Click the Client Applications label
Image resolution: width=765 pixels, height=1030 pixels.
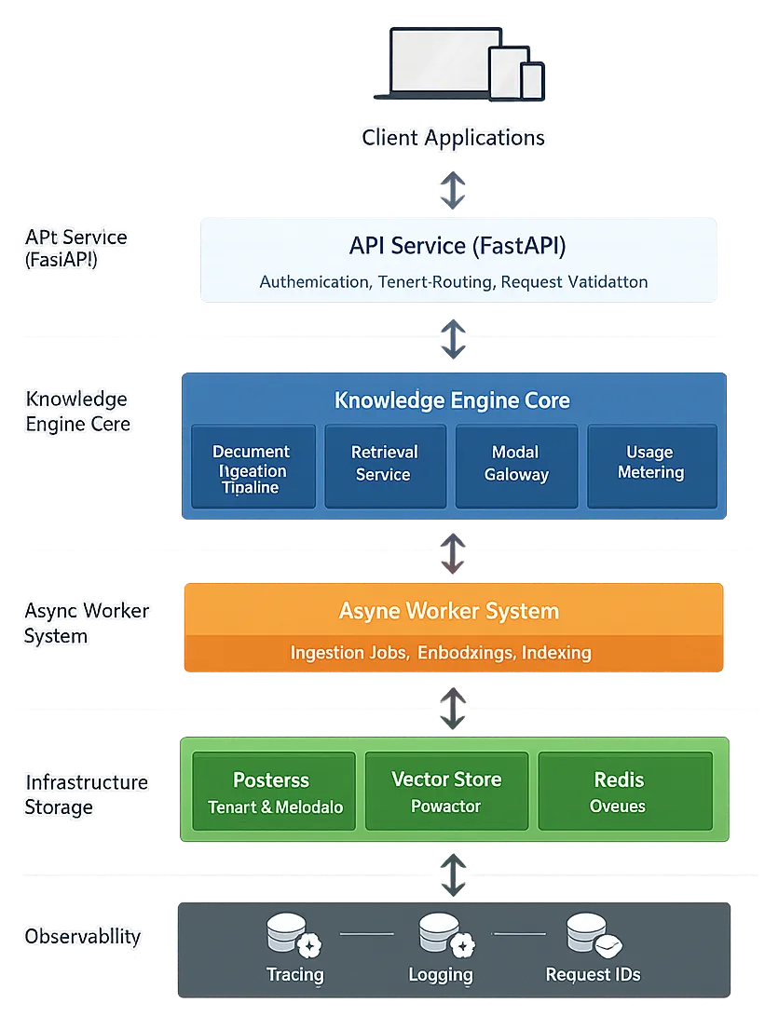(453, 138)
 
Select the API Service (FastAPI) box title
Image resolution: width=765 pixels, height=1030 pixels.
(458, 246)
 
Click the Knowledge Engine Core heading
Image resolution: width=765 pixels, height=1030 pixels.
(452, 400)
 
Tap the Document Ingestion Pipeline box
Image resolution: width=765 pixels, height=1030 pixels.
(252, 468)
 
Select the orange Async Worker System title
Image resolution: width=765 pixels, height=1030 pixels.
(449, 612)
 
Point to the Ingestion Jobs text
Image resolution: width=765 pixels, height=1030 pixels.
(348, 653)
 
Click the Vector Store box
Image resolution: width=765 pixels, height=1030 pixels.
(446, 791)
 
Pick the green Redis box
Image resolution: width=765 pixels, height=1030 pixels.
(619, 791)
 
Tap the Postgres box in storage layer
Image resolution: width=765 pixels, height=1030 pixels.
(274, 791)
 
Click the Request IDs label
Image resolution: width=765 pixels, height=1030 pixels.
(593, 975)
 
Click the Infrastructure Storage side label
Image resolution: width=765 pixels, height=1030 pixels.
(86, 794)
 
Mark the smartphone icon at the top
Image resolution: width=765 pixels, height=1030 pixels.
(532, 80)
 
